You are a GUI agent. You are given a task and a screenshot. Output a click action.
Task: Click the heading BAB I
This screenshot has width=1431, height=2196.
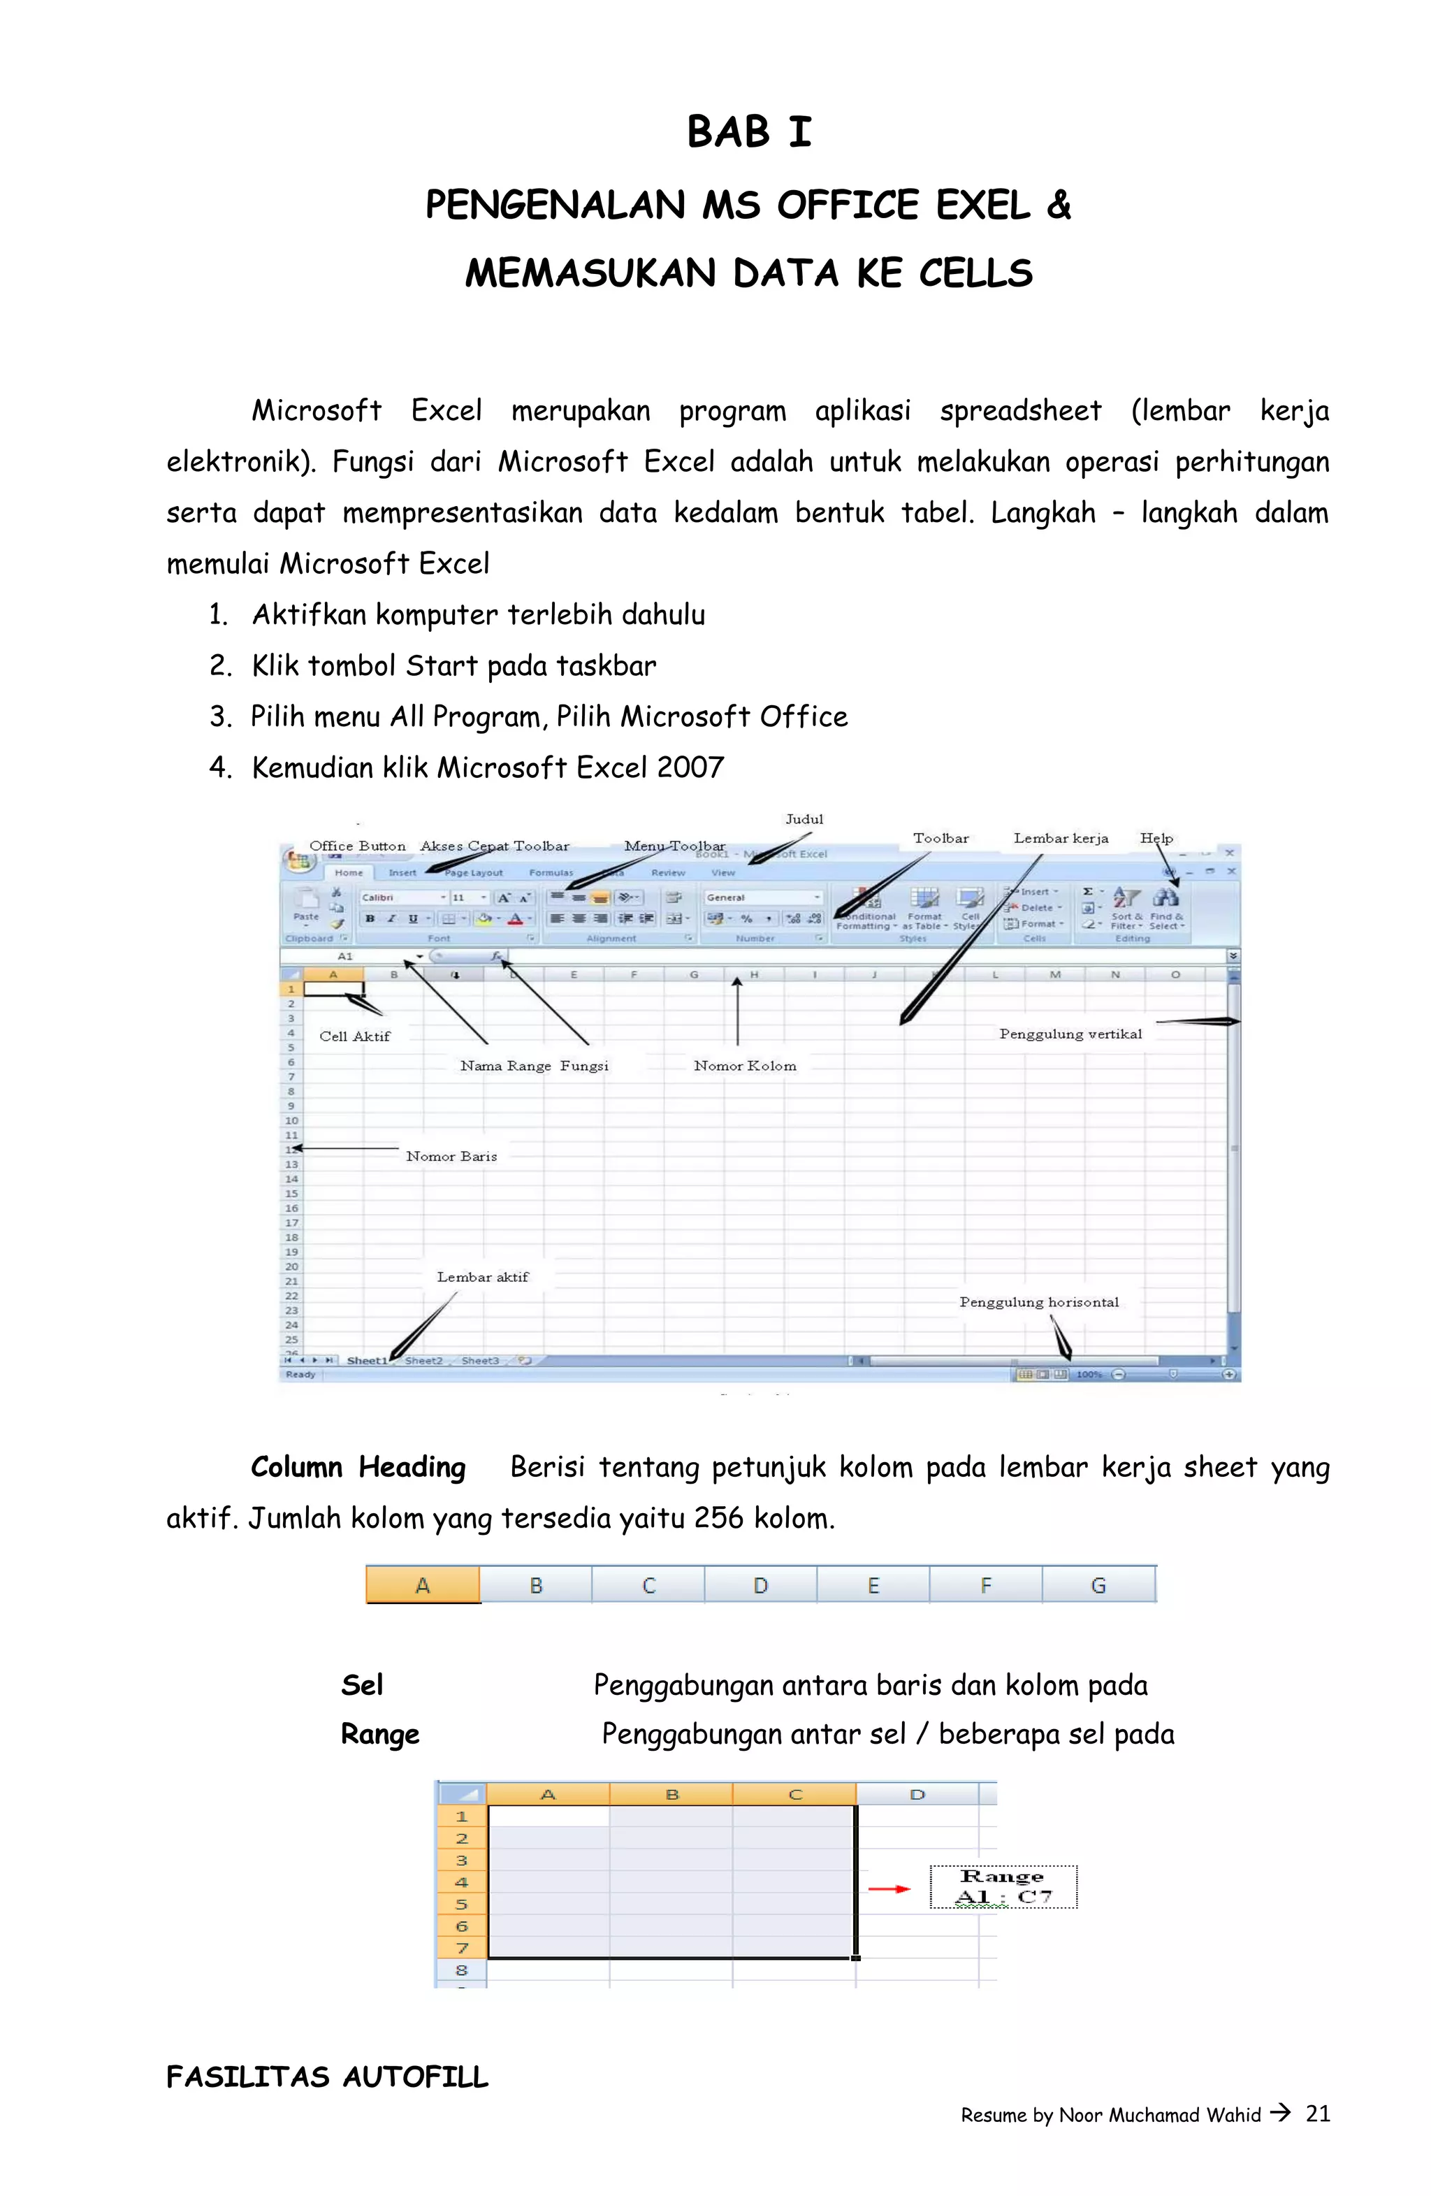coord(748,132)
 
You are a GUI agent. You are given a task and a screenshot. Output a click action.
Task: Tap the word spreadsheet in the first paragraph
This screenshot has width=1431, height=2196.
coord(1020,410)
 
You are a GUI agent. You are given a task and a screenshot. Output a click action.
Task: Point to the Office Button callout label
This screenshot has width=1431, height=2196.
coord(357,846)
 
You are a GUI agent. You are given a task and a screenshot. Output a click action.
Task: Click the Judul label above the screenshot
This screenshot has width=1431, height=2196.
coord(804,819)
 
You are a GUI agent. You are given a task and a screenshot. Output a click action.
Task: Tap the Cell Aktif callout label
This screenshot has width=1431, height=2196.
coord(354,1036)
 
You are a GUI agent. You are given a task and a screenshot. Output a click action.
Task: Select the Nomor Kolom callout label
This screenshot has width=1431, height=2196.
coord(745,1066)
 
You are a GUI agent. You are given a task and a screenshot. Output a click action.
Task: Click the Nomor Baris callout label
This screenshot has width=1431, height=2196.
coord(451,1156)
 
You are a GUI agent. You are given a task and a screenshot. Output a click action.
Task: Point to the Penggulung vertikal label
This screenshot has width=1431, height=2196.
coord(1070,1034)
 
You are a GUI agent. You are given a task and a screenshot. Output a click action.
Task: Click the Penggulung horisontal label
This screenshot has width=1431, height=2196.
coord(1039,1302)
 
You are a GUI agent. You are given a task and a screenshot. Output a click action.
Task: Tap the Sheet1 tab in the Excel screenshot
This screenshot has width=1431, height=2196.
coord(366,1361)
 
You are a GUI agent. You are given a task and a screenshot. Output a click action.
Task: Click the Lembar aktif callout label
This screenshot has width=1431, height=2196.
coord(483,1277)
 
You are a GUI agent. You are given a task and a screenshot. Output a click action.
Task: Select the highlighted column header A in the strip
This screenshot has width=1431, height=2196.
coord(423,1585)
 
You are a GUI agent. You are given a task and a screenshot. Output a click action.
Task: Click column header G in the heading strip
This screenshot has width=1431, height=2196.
coord(1098,1585)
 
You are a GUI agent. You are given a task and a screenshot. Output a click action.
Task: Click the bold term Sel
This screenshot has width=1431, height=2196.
coord(362,1686)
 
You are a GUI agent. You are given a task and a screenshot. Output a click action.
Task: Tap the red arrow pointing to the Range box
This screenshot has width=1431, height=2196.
coord(889,1888)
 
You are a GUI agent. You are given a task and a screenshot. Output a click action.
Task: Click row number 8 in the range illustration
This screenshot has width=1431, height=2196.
coord(461,1970)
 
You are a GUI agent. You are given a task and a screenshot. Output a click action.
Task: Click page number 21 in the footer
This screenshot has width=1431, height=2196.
coord(1318,2114)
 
